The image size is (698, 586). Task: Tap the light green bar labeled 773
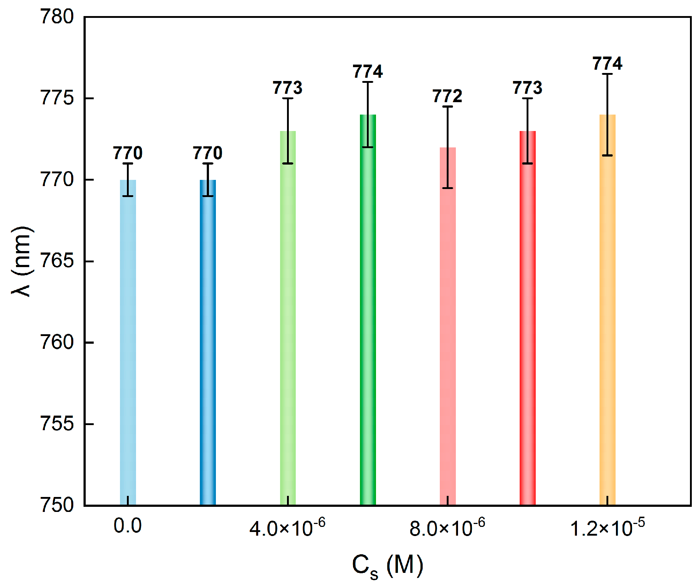288,328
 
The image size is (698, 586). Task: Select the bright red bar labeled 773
527,328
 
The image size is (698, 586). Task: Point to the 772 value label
447,96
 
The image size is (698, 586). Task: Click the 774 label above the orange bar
607,63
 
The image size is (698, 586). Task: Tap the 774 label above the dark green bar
368,72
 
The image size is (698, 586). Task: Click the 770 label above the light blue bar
128,153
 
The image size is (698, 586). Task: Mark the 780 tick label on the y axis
57,17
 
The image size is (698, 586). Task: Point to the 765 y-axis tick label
57,261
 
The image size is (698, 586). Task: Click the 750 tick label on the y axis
57,505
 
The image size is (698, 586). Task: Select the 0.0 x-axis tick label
128,526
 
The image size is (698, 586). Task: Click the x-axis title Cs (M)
387,566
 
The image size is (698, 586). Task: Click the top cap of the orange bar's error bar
607,74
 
